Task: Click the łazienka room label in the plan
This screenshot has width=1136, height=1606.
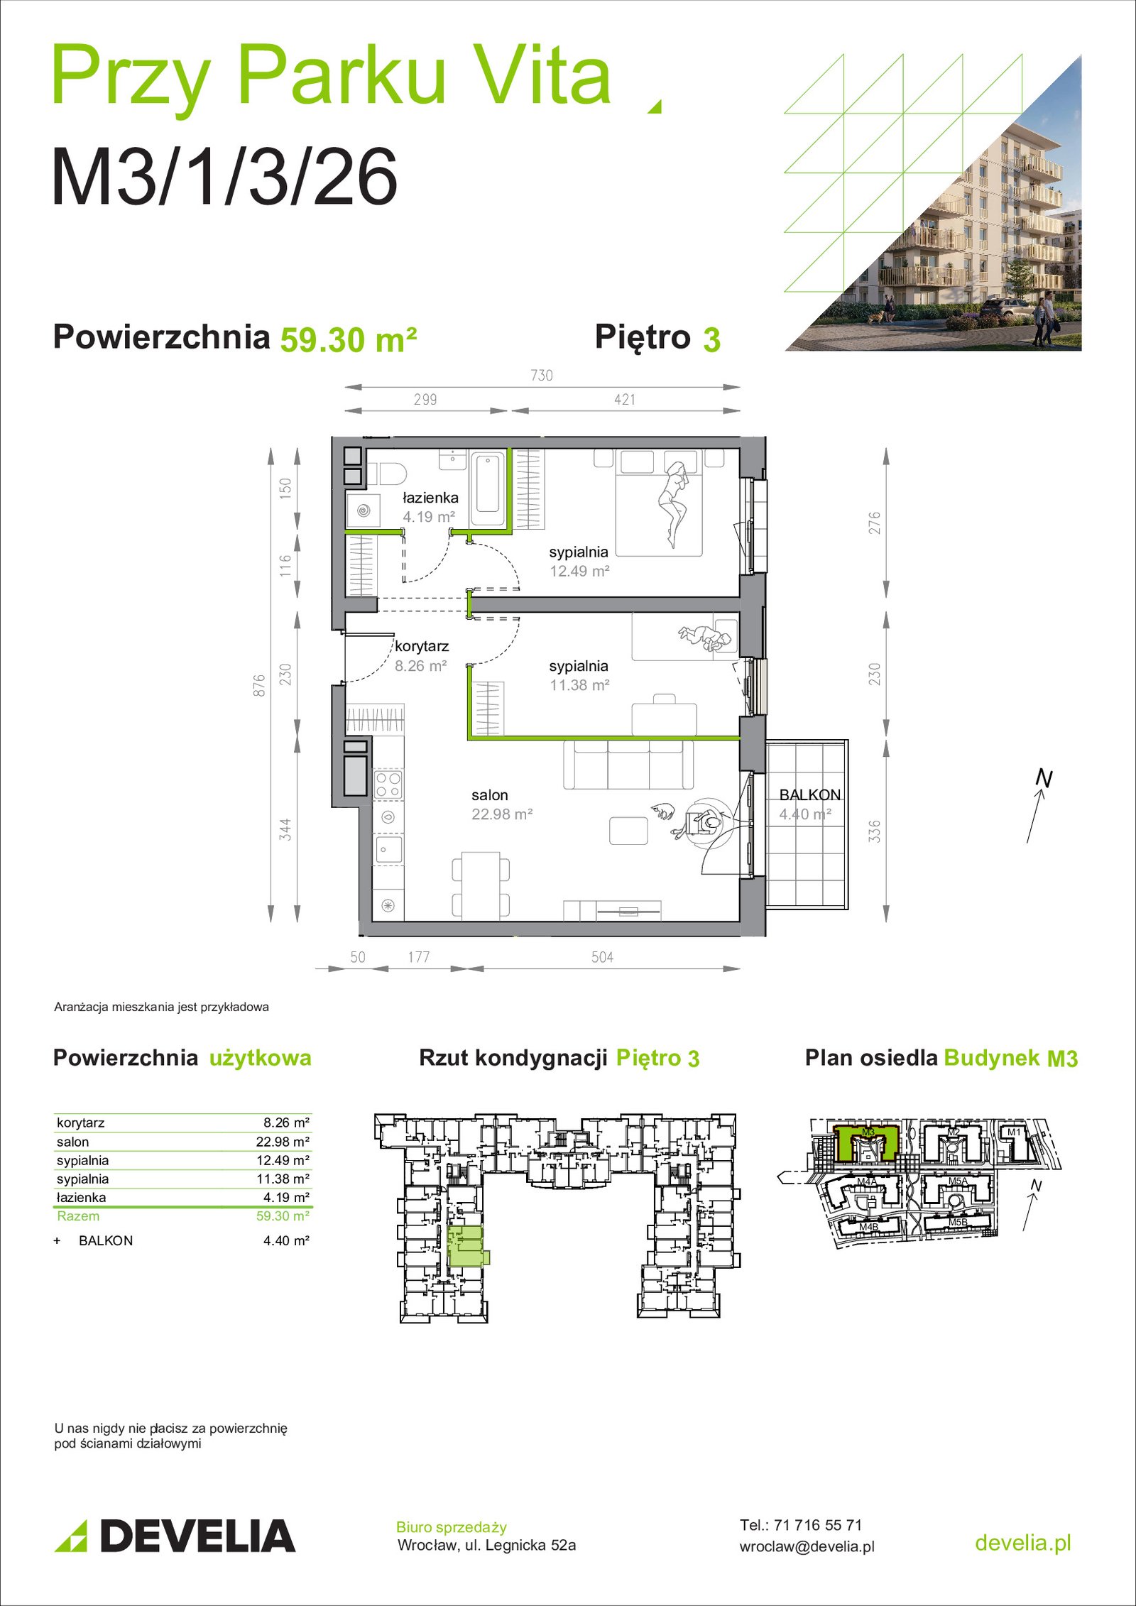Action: click(430, 498)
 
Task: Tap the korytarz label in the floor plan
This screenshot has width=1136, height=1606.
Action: click(422, 646)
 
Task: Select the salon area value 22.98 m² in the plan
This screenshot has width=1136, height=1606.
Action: click(502, 814)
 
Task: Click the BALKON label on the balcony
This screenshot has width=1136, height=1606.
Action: click(810, 795)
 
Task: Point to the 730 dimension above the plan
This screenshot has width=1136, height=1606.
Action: click(542, 375)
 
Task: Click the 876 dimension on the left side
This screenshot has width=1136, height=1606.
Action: click(260, 685)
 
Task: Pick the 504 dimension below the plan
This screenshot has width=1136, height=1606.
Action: click(602, 957)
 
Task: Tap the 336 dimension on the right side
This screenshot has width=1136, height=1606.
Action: click(875, 831)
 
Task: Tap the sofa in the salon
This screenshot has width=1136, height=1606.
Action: click(628, 764)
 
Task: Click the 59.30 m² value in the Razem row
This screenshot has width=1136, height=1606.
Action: click(283, 1216)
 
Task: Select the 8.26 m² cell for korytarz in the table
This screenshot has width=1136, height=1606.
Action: click(286, 1122)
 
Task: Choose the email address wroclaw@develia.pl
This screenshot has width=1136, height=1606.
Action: click(807, 1546)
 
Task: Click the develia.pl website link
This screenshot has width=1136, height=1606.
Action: click(1023, 1542)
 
